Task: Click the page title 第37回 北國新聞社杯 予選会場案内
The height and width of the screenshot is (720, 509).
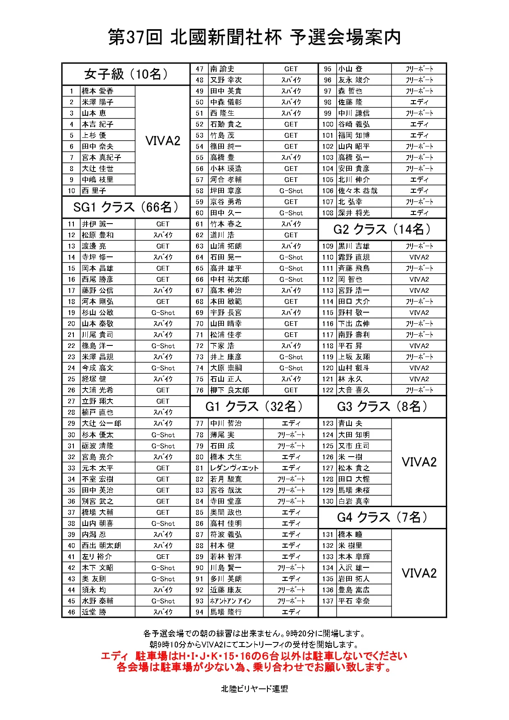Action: click(254, 37)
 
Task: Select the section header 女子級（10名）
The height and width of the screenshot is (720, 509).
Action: click(126, 74)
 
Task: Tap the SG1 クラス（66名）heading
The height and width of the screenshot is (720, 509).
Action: click(126, 207)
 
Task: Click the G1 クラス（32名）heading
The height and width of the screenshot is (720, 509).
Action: click(254, 407)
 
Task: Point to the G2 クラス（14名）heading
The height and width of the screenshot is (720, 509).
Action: click(382, 229)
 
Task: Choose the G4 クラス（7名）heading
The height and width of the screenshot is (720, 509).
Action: click(382, 517)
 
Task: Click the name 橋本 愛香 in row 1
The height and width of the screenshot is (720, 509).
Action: click(98, 91)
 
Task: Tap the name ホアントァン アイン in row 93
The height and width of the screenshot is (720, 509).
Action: click(231, 601)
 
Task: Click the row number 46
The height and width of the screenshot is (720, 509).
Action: click(71, 612)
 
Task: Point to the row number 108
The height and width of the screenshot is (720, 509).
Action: click(328, 213)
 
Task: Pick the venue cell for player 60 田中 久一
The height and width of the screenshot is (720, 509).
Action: click(291, 213)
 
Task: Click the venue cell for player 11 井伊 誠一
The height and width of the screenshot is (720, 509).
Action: click(162, 224)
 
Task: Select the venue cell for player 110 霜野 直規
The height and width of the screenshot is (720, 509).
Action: click(419, 257)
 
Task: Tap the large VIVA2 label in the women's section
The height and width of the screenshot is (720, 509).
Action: click(162, 141)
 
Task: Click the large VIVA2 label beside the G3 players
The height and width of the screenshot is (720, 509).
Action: click(419, 462)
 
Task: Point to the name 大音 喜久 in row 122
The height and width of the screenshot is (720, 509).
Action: click(354, 390)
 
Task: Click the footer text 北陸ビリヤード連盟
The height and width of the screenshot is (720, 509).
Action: click(254, 689)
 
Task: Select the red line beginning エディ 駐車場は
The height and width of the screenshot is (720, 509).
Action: click(254, 656)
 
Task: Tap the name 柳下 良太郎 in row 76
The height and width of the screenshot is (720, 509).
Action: click(230, 390)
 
